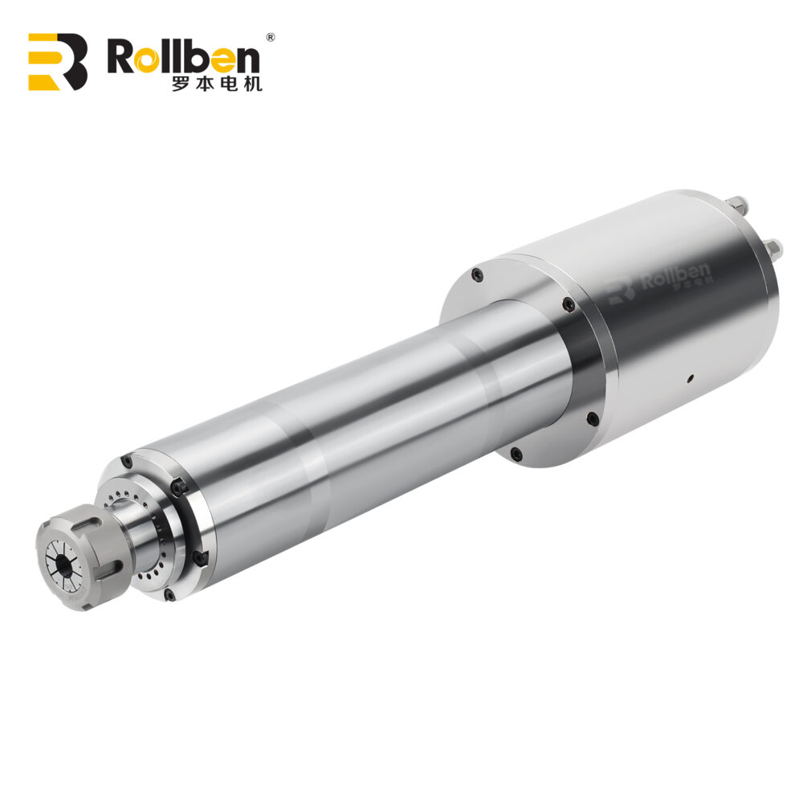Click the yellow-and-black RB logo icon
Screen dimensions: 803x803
coord(57,62)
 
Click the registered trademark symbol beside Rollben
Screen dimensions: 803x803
coord(271,37)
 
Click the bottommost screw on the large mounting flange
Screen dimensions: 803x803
coord(516,454)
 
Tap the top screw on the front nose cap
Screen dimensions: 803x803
coord(127,462)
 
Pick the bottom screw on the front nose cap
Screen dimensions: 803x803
coord(169,594)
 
